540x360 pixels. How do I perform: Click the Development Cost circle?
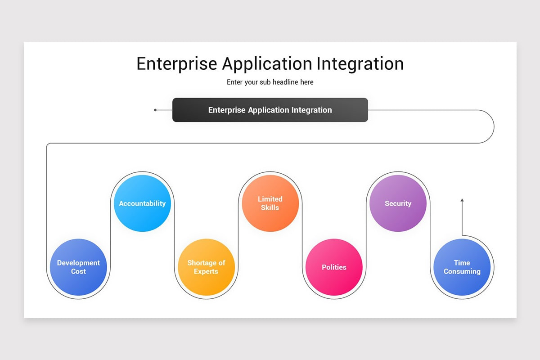(78, 267)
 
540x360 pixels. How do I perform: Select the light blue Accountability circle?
(142, 203)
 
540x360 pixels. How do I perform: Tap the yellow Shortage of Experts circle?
(206, 267)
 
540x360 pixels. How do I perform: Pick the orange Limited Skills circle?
(270, 203)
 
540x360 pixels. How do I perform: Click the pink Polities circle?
(334, 267)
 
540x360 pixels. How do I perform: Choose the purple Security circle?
(398, 203)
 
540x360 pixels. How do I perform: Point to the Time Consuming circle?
(462, 267)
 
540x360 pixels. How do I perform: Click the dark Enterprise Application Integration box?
(270, 110)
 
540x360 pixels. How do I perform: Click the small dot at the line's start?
(155, 110)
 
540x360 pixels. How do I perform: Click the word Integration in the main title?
(360, 63)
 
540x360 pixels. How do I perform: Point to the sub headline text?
(270, 82)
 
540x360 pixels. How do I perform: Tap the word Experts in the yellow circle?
(206, 271)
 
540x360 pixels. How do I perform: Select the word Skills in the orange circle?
(270, 207)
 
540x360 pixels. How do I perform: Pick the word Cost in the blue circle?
(78, 271)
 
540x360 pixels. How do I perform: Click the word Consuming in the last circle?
(462, 271)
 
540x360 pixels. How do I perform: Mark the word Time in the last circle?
(462, 263)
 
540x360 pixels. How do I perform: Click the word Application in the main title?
(267, 63)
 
